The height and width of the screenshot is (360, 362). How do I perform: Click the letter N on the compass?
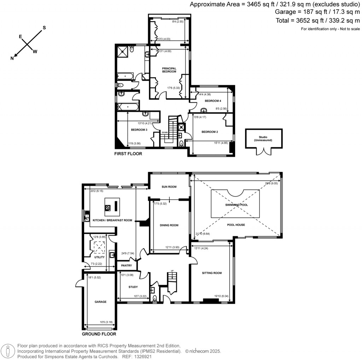[x=12, y=58]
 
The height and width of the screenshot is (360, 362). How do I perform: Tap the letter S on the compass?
[x=45, y=28]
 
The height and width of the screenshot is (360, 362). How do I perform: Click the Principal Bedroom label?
[x=169, y=70]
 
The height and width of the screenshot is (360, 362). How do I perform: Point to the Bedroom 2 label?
[x=210, y=132]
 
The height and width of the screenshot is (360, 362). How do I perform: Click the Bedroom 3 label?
[x=139, y=130]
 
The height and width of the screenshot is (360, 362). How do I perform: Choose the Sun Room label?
[x=169, y=187]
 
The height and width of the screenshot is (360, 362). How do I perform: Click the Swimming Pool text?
[x=236, y=205]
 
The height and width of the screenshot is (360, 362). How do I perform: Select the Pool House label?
[x=236, y=225]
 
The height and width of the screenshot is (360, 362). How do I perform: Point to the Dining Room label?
[x=169, y=225]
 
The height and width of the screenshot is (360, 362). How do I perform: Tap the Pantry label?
[x=126, y=265]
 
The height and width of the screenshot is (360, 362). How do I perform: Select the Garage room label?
[x=100, y=302]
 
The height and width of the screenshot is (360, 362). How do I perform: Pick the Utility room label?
[x=99, y=257]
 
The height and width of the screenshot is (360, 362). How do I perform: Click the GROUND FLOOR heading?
[x=99, y=334]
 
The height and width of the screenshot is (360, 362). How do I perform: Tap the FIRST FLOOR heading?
[x=128, y=154]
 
